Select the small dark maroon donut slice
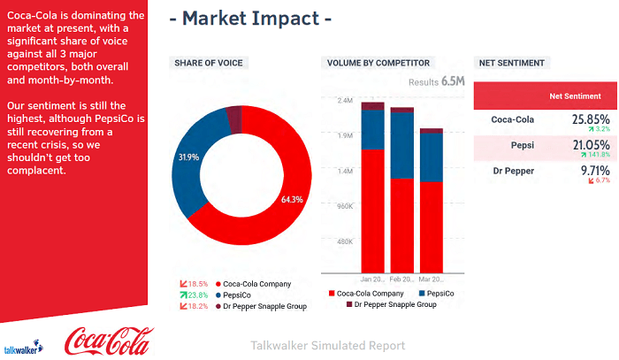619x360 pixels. (x=233, y=118)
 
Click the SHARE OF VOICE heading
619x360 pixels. (x=208, y=63)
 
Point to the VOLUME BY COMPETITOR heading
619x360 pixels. (x=378, y=63)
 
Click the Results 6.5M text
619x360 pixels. (x=436, y=82)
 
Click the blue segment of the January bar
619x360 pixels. (x=372, y=130)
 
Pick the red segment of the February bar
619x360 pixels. (x=402, y=226)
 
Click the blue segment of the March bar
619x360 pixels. (x=432, y=157)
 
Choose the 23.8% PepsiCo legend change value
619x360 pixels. (x=196, y=295)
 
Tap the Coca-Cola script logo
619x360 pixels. (x=108, y=340)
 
